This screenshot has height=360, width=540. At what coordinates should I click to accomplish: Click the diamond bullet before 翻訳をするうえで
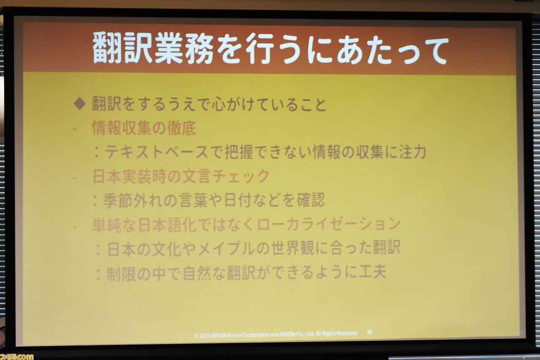point(79,104)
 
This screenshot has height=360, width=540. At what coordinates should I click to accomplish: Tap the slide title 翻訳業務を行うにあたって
point(270,49)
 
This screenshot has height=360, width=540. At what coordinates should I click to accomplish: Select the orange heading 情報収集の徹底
point(144,128)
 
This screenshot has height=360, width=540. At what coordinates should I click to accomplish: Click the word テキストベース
point(157,152)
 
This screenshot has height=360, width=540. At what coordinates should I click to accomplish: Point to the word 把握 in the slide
point(239,152)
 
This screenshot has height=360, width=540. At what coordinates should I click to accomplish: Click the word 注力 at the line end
point(413,152)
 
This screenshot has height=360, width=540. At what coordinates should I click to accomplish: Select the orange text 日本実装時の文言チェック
point(181,176)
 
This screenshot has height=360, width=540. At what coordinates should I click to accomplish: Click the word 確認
point(311,200)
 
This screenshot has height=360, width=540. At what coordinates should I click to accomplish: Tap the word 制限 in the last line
point(121,273)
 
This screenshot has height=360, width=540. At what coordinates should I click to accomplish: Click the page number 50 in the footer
point(370,332)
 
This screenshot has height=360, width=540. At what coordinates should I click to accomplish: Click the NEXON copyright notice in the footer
point(276,334)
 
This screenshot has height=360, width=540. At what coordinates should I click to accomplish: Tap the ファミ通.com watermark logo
point(16,357)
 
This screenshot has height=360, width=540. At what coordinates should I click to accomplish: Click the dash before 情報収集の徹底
point(75,129)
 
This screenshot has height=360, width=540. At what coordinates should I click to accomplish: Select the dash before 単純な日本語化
point(75,226)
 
